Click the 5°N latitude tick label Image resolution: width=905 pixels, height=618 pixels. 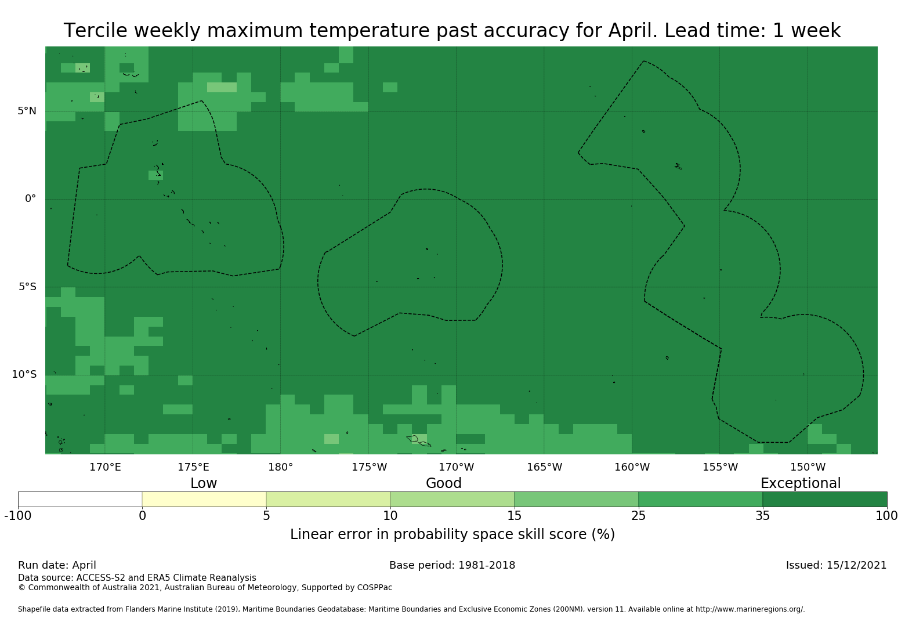(x=27, y=111)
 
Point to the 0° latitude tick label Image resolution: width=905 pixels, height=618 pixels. (x=30, y=199)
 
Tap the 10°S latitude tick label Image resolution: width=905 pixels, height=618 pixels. (x=24, y=375)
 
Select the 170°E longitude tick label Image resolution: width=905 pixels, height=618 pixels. (x=105, y=467)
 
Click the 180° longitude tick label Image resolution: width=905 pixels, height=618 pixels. (x=280, y=467)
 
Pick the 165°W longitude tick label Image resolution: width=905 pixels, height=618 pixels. (x=544, y=467)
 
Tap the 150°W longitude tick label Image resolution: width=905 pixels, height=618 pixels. (x=808, y=467)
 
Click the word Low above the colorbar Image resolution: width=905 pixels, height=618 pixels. (x=204, y=483)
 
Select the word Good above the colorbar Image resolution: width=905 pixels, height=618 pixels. (x=443, y=483)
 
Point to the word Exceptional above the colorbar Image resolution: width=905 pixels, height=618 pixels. (x=801, y=483)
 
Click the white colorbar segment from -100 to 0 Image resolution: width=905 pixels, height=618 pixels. (x=80, y=500)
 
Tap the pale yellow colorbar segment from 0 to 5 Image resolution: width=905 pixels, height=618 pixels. (x=204, y=500)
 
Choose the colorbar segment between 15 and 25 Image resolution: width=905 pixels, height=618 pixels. (x=576, y=500)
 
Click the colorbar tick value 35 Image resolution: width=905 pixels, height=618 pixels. (x=762, y=516)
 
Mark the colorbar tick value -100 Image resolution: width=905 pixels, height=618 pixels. (x=18, y=516)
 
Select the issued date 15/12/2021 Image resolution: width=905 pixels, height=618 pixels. (x=856, y=565)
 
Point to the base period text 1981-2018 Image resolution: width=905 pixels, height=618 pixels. (x=486, y=565)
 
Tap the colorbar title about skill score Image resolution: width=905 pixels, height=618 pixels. (x=453, y=535)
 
